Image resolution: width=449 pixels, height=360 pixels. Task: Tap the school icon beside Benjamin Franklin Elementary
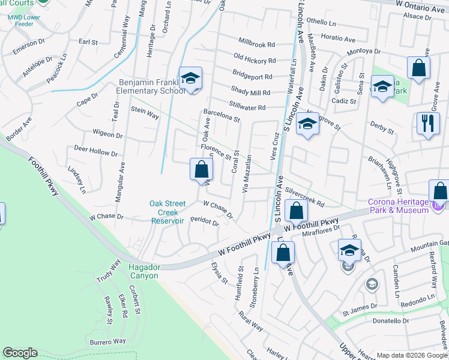point(190,79)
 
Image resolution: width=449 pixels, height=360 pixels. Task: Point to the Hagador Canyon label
point(143,271)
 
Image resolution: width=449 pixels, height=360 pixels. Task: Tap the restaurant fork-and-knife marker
point(427,124)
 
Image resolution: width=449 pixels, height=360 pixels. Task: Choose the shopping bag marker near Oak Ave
point(200,170)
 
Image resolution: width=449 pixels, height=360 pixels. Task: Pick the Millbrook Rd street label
point(256,44)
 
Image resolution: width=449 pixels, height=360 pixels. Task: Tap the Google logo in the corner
point(20,353)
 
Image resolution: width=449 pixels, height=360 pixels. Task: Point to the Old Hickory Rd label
point(255,61)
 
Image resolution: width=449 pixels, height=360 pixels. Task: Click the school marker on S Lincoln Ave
point(307,125)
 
